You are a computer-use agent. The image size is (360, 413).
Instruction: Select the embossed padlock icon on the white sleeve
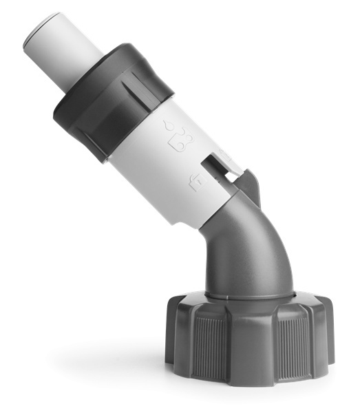point(196,182)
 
